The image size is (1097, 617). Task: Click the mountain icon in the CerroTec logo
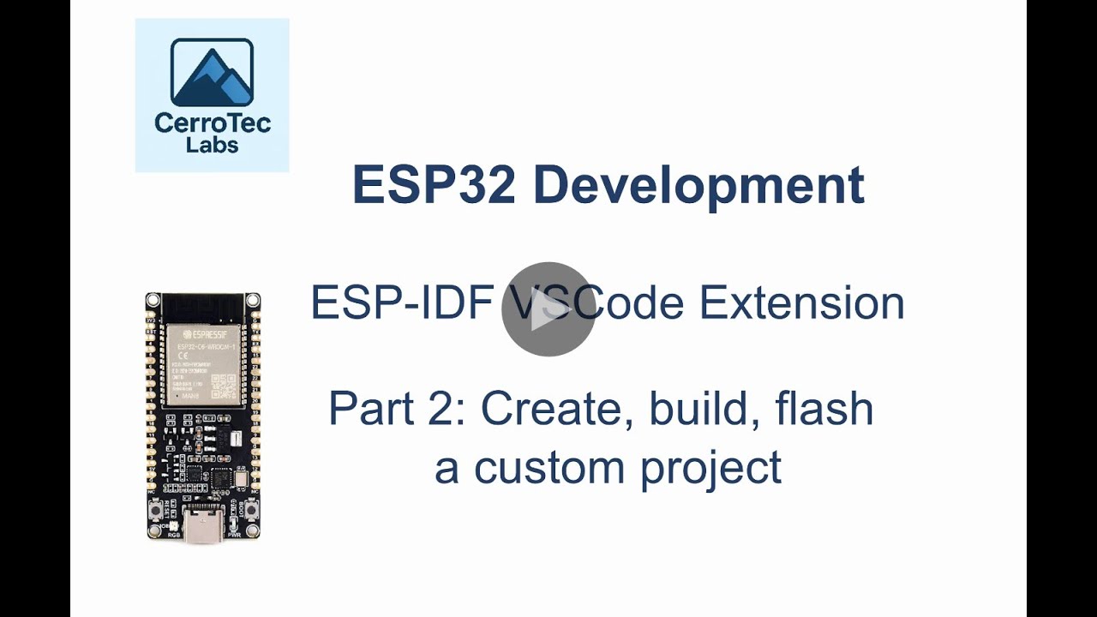(x=212, y=72)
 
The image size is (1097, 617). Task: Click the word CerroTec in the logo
(x=212, y=123)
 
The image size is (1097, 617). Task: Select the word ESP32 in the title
(x=434, y=185)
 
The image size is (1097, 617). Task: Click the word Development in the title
(x=698, y=185)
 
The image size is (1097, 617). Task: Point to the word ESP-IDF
(x=401, y=303)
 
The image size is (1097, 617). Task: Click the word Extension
(x=801, y=303)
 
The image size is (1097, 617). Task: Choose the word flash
(x=824, y=409)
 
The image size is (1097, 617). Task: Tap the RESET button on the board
(x=159, y=512)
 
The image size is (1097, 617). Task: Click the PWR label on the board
(x=234, y=535)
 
